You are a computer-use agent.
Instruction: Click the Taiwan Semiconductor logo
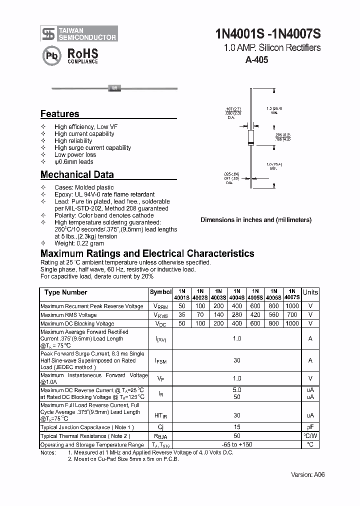[x=79, y=33]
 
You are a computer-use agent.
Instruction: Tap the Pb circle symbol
[x=50, y=55]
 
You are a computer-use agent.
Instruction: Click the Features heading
[x=59, y=113]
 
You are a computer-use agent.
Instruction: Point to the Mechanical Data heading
[x=77, y=174]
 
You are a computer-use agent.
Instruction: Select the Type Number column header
[x=65, y=292]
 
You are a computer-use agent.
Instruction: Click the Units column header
[x=310, y=292]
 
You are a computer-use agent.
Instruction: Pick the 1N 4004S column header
[x=236, y=293]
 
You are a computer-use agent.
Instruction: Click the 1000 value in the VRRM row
[x=292, y=306]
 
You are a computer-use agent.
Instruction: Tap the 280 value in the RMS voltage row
[x=236, y=315]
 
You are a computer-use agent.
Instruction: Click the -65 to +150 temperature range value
[x=236, y=444]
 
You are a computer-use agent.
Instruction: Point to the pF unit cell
[x=310, y=427]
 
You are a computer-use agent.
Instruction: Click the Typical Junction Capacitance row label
[x=87, y=427]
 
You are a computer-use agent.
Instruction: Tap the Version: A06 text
[x=307, y=474]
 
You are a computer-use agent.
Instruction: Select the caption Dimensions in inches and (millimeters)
[x=256, y=219]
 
